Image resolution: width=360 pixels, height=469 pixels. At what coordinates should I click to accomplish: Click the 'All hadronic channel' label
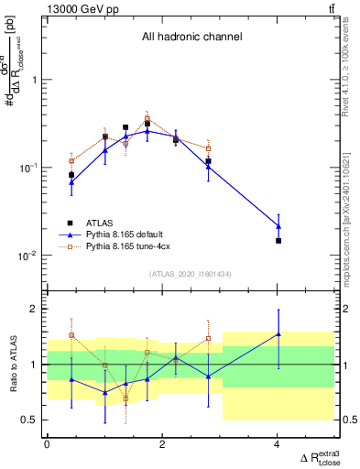[191, 38]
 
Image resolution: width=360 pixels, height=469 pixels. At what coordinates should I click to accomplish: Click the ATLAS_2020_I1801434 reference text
[191, 275]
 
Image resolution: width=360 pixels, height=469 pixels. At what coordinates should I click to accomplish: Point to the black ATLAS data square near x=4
[278, 241]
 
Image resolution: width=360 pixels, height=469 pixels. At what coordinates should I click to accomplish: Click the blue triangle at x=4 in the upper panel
[278, 226]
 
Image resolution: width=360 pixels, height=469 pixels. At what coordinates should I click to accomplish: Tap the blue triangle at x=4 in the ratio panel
[278, 334]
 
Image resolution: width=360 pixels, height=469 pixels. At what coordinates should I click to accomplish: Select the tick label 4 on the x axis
[278, 444]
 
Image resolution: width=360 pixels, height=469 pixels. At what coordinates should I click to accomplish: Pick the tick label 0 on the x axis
[47, 444]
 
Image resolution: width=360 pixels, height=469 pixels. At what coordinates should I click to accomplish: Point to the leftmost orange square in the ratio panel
[71, 335]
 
